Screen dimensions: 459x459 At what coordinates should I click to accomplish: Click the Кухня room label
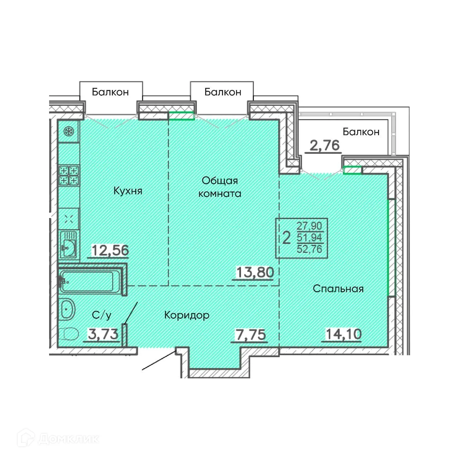pyautogui.click(x=128, y=191)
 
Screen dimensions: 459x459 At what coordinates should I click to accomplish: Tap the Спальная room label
pyautogui.click(x=338, y=289)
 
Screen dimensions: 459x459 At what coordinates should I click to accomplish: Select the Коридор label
pyautogui.click(x=187, y=315)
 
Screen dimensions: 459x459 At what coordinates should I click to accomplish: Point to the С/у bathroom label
pyautogui.click(x=101, y=315)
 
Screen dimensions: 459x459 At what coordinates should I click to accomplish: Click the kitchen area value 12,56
pyautogui.click(x=110, y=250)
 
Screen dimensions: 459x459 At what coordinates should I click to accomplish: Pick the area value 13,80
pyautogui.click(x=255, y=272)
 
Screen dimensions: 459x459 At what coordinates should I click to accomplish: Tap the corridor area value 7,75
pyautogui.click(x=250, y=335)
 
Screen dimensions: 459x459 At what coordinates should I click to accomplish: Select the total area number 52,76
pyautogui.click(x=309, y=249)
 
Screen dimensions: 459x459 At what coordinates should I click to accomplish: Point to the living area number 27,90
pyautogui.click(x=309, y=226)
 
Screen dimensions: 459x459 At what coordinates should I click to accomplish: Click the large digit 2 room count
pyautogui.click(x=286, y=238)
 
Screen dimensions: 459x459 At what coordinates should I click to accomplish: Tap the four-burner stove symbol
pyautogui.click(x=69, y=176)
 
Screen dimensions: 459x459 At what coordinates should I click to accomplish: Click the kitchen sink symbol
pyautogui.click(x=68, y=245)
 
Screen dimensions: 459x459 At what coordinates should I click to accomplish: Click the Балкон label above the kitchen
pyautogui.click(x=110, y=92)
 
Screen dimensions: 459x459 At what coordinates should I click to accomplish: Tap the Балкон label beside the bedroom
pyautogui.click(x=361, y=132)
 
